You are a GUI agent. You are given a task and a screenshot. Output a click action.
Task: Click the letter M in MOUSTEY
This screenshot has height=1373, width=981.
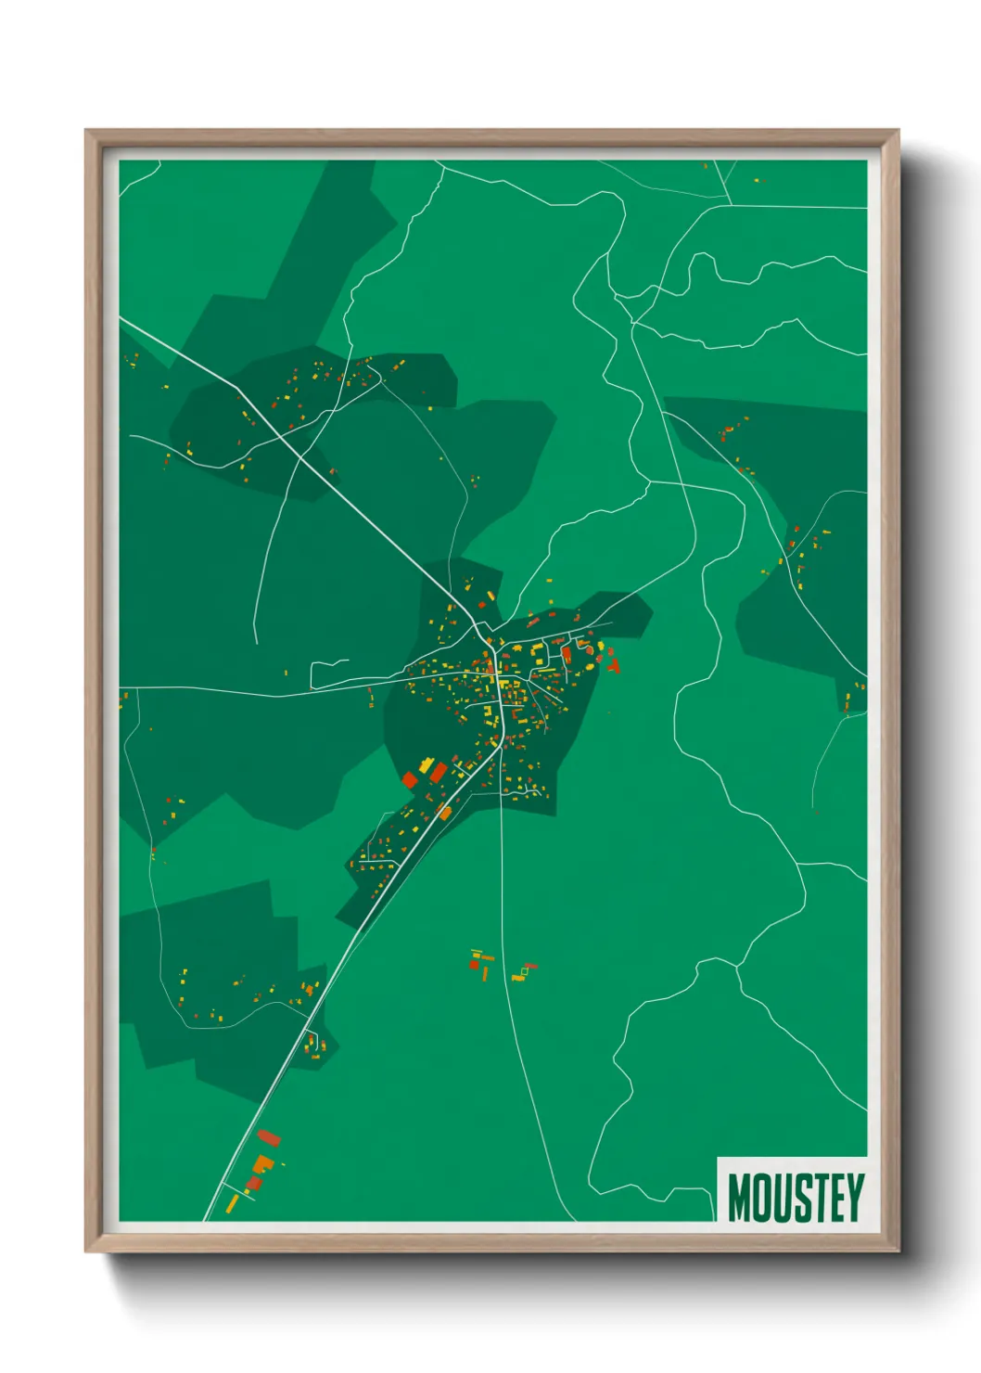tap(738, 1198)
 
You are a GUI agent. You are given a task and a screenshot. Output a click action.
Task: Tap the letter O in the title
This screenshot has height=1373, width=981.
tap(759, 1198)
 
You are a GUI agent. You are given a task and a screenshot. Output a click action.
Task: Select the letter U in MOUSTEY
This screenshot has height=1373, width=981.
tap(780, 1198)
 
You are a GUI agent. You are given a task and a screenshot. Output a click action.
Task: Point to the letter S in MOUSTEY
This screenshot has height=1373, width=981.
tap(799, 1198)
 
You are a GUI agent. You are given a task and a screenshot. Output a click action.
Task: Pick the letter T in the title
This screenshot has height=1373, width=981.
tap(817, 1198)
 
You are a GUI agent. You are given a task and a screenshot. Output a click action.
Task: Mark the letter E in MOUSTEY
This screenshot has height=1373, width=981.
tap(834, 1198)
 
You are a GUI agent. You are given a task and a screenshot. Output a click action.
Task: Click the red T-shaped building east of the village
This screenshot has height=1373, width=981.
tap(613, 664)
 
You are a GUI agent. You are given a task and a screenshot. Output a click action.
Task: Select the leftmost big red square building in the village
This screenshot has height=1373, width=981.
tap(409, 780)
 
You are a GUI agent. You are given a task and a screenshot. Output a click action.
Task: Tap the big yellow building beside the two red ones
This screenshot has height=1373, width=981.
tap(426, 767)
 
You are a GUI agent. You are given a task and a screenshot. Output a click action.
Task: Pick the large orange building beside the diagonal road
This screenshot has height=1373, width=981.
tap(444, 814)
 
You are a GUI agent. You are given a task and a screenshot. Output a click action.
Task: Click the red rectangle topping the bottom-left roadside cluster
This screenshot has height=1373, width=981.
tap(269, 1138)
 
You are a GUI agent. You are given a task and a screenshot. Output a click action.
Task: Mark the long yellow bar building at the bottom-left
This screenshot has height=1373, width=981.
tap(233, 1203)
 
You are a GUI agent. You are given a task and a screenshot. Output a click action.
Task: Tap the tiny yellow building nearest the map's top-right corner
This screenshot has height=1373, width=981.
tap(757, 180)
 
